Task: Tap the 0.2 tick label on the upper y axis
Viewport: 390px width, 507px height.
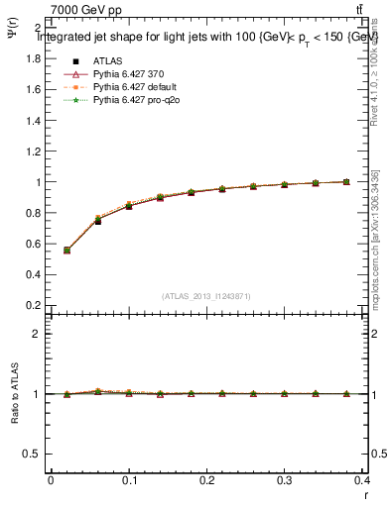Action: point(32,305)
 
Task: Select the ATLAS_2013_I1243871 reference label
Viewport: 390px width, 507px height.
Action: point(205,296)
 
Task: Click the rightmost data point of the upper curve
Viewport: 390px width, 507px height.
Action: point(346,181)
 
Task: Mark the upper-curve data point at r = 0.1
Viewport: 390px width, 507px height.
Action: point(129,206)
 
